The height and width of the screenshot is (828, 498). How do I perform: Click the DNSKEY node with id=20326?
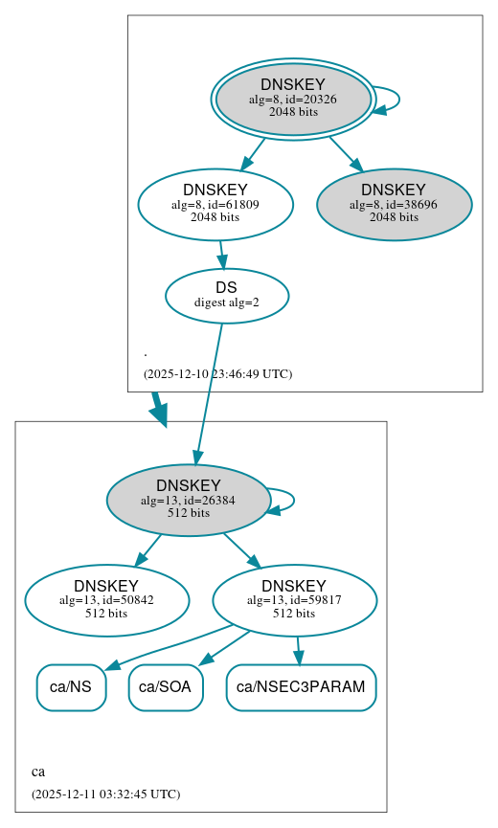click(293, 99)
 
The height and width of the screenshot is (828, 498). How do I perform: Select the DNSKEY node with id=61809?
click(215, 204)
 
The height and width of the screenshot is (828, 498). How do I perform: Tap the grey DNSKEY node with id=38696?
click(394, 204)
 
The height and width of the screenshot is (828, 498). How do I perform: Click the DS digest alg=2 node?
click(227, 295)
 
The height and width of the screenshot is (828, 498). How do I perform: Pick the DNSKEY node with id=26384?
click(189, 500)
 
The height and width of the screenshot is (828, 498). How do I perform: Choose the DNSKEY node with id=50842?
click(106, 600)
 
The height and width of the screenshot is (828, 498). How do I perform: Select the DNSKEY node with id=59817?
click(294, 600)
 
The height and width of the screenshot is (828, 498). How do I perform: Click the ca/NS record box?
click(71, 687)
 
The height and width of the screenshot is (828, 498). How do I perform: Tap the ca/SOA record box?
click(166, 687)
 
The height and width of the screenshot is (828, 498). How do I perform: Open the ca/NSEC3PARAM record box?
click(301, 687)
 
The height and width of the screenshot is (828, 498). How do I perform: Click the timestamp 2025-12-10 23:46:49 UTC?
click(217, 374)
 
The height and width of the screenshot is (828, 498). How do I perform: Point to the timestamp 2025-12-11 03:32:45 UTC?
click(105, 794)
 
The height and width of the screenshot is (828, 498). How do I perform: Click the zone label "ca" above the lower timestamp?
click(38, 772)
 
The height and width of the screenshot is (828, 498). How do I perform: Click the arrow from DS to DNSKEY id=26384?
click(209, 392)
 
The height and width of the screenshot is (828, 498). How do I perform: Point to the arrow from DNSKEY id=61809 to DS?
click(221, 254)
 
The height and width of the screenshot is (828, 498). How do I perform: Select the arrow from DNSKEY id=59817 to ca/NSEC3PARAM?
click(298, 650)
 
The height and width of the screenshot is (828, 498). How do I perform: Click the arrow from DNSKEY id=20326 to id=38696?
click(345, 152)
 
